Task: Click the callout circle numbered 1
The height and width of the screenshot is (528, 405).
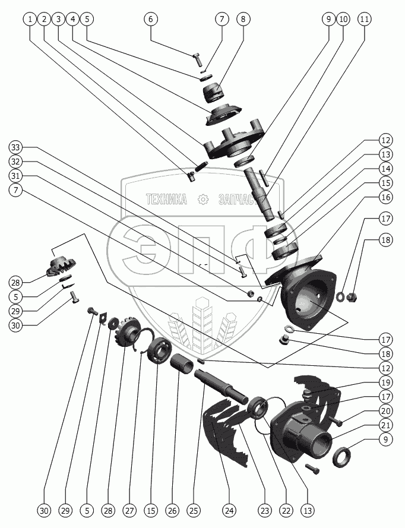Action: pyautogui.click(x=30, y=19)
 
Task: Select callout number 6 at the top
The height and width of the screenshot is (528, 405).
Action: pyautogui.click(x=150, y=19)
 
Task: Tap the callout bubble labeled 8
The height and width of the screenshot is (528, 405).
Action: pyautogui.click(x=242, y=19)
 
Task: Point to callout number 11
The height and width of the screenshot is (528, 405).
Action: pyautogui.click(x=365, y=19)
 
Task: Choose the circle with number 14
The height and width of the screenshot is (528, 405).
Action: pyautogui.click(x=387, y=169)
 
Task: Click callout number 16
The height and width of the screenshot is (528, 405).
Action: pyautogui.click(x=387, y=198)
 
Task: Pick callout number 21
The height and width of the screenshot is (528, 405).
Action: pyautogui.click(x=387, y=425)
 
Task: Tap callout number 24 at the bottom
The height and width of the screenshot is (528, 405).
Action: pyautogui.click(x=229, y=510)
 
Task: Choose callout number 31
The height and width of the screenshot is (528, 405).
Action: pyautogui.click(x=16, y=176)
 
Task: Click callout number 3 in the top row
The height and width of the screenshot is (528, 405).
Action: pyautogui.click(x=58, y=19)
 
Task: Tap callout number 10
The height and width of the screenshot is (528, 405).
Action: pyautogui.click(x=343, y=19)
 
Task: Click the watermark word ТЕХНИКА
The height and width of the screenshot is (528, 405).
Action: pyautogui.click(x=166, y=200)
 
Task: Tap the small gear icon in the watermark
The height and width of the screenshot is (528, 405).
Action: pyautogui.click(x=204, y=200)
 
